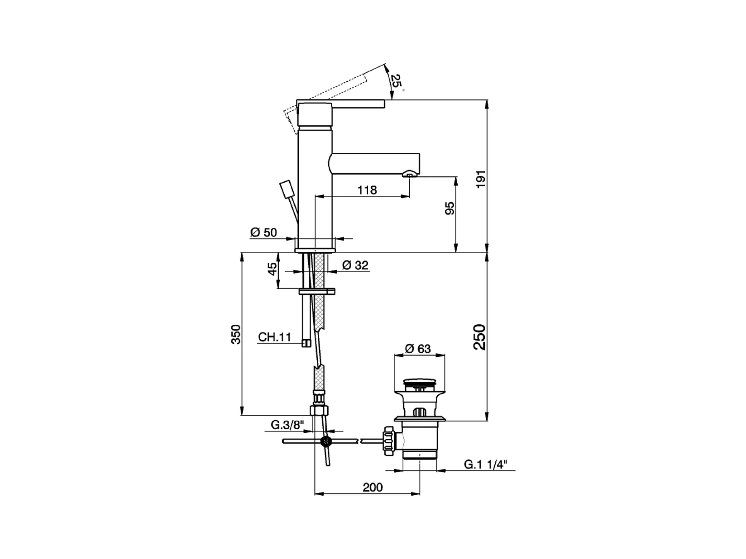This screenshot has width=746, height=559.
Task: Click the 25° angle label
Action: pyautogui.click(x=397, y=82)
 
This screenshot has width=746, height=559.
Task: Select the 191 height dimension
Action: pyautogui.click(x=481, y=180)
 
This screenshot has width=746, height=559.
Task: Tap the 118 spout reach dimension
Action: pyautogui.click(x=367, y=190)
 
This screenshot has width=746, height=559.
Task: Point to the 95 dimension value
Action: pyautogui.click(x=450, y=208)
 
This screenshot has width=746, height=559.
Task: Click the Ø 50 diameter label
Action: pyautogui.click(x=264, y=232)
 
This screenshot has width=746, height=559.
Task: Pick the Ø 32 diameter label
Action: pyautogui.click(x=355, y=265)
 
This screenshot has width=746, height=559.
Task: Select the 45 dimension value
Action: pyautogui.click(x=273, y=269)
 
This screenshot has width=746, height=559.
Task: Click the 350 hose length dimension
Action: pyautogui.click(x=236, y=334)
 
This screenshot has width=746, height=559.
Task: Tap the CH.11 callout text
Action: pyautogui.click(x=275, y=337)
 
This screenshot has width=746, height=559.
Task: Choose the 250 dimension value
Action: pyautogui.click(x=479, y=337)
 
